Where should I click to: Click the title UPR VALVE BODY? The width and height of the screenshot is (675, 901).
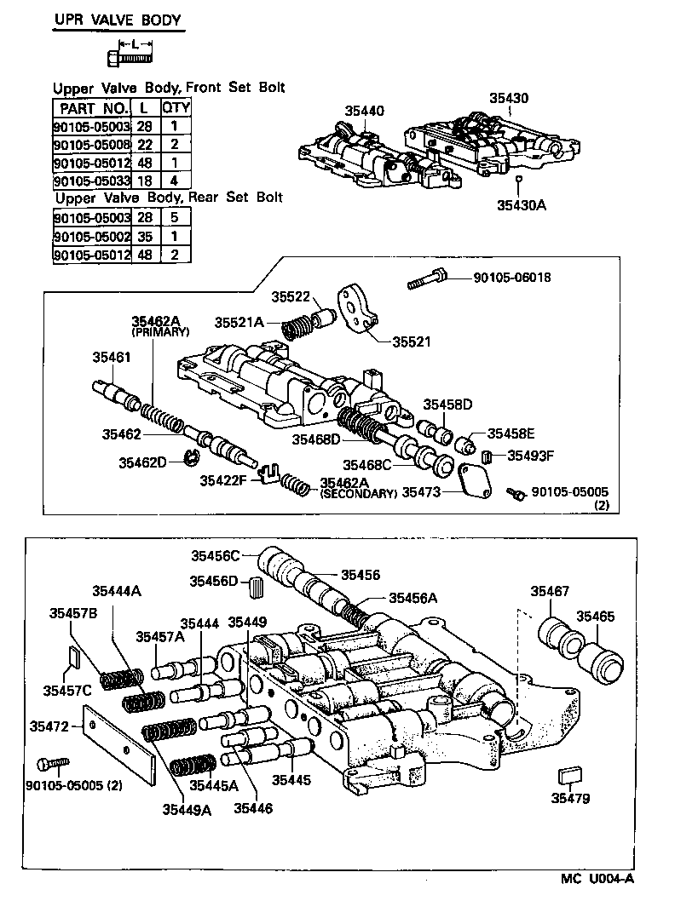point(118,20)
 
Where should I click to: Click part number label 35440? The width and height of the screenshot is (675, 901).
point(364,111)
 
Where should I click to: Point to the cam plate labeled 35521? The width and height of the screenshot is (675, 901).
point(356,308)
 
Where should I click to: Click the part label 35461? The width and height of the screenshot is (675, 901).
point(112,358)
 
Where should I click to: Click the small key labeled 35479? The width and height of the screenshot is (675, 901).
point(569,776)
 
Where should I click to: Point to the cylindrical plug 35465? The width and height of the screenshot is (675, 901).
point(604,657)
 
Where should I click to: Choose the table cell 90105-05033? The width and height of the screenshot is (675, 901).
point(91,181)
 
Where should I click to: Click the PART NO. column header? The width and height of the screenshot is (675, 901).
point(91,108)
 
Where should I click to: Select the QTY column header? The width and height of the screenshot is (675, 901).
point(176,108)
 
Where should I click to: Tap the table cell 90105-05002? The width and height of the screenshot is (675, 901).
point(91,236)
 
